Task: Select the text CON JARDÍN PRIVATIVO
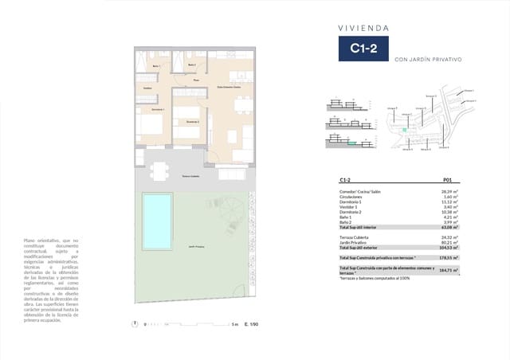[x=428, y=70]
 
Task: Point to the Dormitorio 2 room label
[x=191, y=122]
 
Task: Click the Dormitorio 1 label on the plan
[x=158, y=109]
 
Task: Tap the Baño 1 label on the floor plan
[x=157, y=66]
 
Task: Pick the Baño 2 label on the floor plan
[x=191, y=65]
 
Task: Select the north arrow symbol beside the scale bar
[x=135, y=323]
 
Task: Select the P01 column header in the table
[x=448, y=181]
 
